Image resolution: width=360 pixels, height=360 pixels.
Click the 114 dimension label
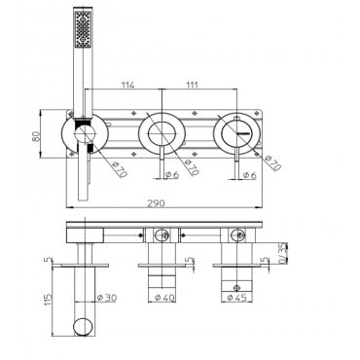coord(127,85)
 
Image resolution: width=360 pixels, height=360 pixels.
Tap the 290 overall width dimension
coord(157,203)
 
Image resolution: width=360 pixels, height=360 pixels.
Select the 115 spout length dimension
coord(48,301)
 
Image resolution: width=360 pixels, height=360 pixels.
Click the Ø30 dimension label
coord(106,297)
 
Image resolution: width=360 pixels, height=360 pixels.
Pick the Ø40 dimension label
coord(164,297)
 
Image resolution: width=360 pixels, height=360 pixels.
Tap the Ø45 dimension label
coord(237,297)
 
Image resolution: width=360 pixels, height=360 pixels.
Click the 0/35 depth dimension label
coord(283,253)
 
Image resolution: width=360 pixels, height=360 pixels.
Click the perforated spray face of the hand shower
coord(83,30)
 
